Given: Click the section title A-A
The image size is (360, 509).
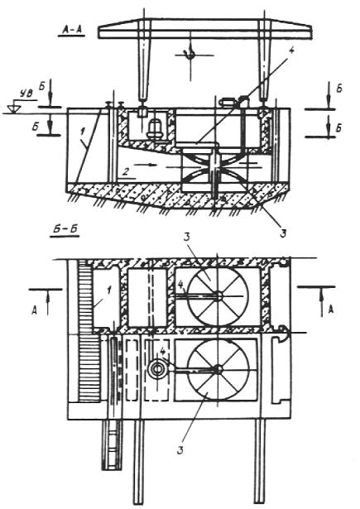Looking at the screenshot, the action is tap(71, 30).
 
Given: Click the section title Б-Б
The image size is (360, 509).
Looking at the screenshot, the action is tap(65, 230).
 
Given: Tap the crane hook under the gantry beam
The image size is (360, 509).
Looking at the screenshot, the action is tap(190, 55).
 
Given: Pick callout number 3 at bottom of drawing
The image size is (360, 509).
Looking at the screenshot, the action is tap(180, 450).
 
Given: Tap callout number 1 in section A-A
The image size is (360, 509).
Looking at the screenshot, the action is tap(83, 131).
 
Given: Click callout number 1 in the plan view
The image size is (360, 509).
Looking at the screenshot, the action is tap(108, 291).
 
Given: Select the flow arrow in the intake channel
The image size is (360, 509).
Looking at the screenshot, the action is tap(143, 165).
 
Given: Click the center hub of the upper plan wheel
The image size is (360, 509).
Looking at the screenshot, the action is tap(218, 295).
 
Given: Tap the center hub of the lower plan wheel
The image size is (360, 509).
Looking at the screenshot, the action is tap(218, 369).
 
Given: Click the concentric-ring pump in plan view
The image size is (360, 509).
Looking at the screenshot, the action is tap(157, 370).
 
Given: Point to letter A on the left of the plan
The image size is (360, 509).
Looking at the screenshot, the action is tap(33, 310).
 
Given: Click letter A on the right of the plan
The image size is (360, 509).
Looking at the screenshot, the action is tap(330, 310).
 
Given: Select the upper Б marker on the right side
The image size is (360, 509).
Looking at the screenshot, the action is tap(339, 89).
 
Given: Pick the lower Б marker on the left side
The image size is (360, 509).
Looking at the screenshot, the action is tap(35, 127).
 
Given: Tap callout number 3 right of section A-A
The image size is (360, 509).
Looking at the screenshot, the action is tap(283, 233).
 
